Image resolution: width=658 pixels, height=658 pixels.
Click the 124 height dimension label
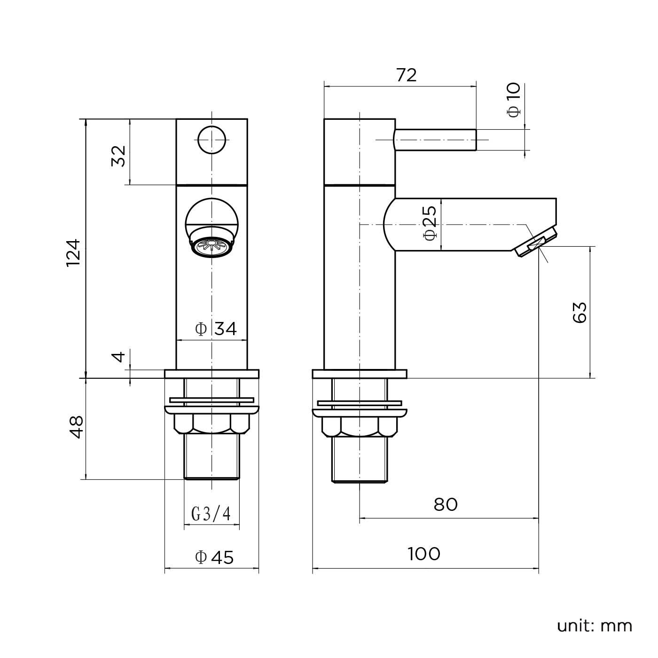pos(74,253)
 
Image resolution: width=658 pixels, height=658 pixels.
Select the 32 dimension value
pos(118,156)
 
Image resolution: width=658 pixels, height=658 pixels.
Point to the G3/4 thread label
pos(211,514)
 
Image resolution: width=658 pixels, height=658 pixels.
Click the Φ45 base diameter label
pos(214,557)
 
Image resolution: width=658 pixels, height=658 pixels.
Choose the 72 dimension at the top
pos(406,75)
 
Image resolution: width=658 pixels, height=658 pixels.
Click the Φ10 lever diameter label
pos(514,99)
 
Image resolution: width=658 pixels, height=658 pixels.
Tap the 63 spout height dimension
pos(580,312)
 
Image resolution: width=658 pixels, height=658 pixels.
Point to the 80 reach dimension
pos(445,505)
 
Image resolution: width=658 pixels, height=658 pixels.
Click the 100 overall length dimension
pos(424,554)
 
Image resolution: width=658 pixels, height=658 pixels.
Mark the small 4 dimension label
pos(120,357)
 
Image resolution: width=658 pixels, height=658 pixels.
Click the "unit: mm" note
pos(594,626)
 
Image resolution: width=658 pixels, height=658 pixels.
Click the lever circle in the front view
pos(211,140)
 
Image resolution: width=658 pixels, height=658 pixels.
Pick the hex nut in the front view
pos(211,424)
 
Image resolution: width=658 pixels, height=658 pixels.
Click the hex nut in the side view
pos(359,427)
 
